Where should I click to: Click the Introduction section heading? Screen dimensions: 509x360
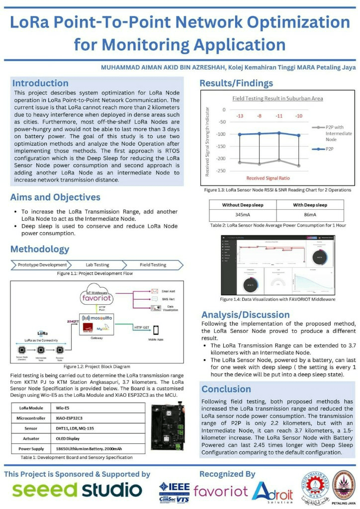coord(40,83)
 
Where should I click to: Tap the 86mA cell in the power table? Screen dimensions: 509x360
coord(309,215)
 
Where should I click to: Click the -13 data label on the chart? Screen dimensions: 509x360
coord(240,116)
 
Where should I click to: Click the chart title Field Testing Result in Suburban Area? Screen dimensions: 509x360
coord(277,98)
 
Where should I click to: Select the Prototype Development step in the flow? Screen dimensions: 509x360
coord(42,265)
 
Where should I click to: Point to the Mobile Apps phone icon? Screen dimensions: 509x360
coord(156,330)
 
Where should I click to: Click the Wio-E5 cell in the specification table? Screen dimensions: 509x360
coord(63,407)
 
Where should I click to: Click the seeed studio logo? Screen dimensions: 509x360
coord(77,490)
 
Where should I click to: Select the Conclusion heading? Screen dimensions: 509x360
coord(226,389)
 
